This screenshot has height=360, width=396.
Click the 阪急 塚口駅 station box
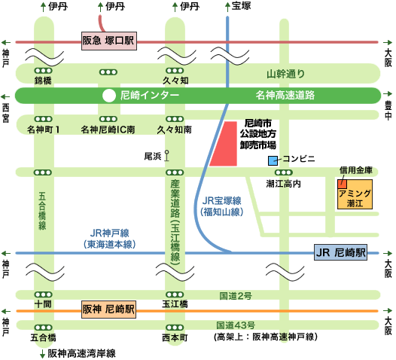(x=109, y=41)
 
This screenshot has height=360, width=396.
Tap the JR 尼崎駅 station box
(x=340, y=252)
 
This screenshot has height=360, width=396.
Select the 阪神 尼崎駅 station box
(x=108, y=310)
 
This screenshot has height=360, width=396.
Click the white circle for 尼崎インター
(x=109, y=96)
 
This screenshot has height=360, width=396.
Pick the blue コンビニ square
(x=273, y=160)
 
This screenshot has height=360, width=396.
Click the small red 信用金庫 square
(x=343, y=185)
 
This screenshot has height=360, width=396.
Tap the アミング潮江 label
(x=355, y=198)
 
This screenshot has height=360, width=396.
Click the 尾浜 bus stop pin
(x=166, y=155)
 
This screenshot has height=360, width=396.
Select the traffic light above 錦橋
(x=43, y=71)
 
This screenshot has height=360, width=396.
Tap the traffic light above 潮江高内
(x=284, y=172)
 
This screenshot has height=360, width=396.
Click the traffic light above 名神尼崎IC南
(x=108, y=119)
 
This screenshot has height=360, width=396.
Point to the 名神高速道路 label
(x=285, y=96)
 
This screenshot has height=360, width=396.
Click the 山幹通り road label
(x=285, y=74)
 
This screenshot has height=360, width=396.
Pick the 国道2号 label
(x=236, y=296)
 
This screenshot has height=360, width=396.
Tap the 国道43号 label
(x=236, y=325)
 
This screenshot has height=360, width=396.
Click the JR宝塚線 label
(x=222, y=201)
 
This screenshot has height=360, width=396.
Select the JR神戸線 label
(x=110, y=233)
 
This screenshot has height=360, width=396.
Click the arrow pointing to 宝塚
(x=227, y=7)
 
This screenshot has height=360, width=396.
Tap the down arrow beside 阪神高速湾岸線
(x=43, y=354)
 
